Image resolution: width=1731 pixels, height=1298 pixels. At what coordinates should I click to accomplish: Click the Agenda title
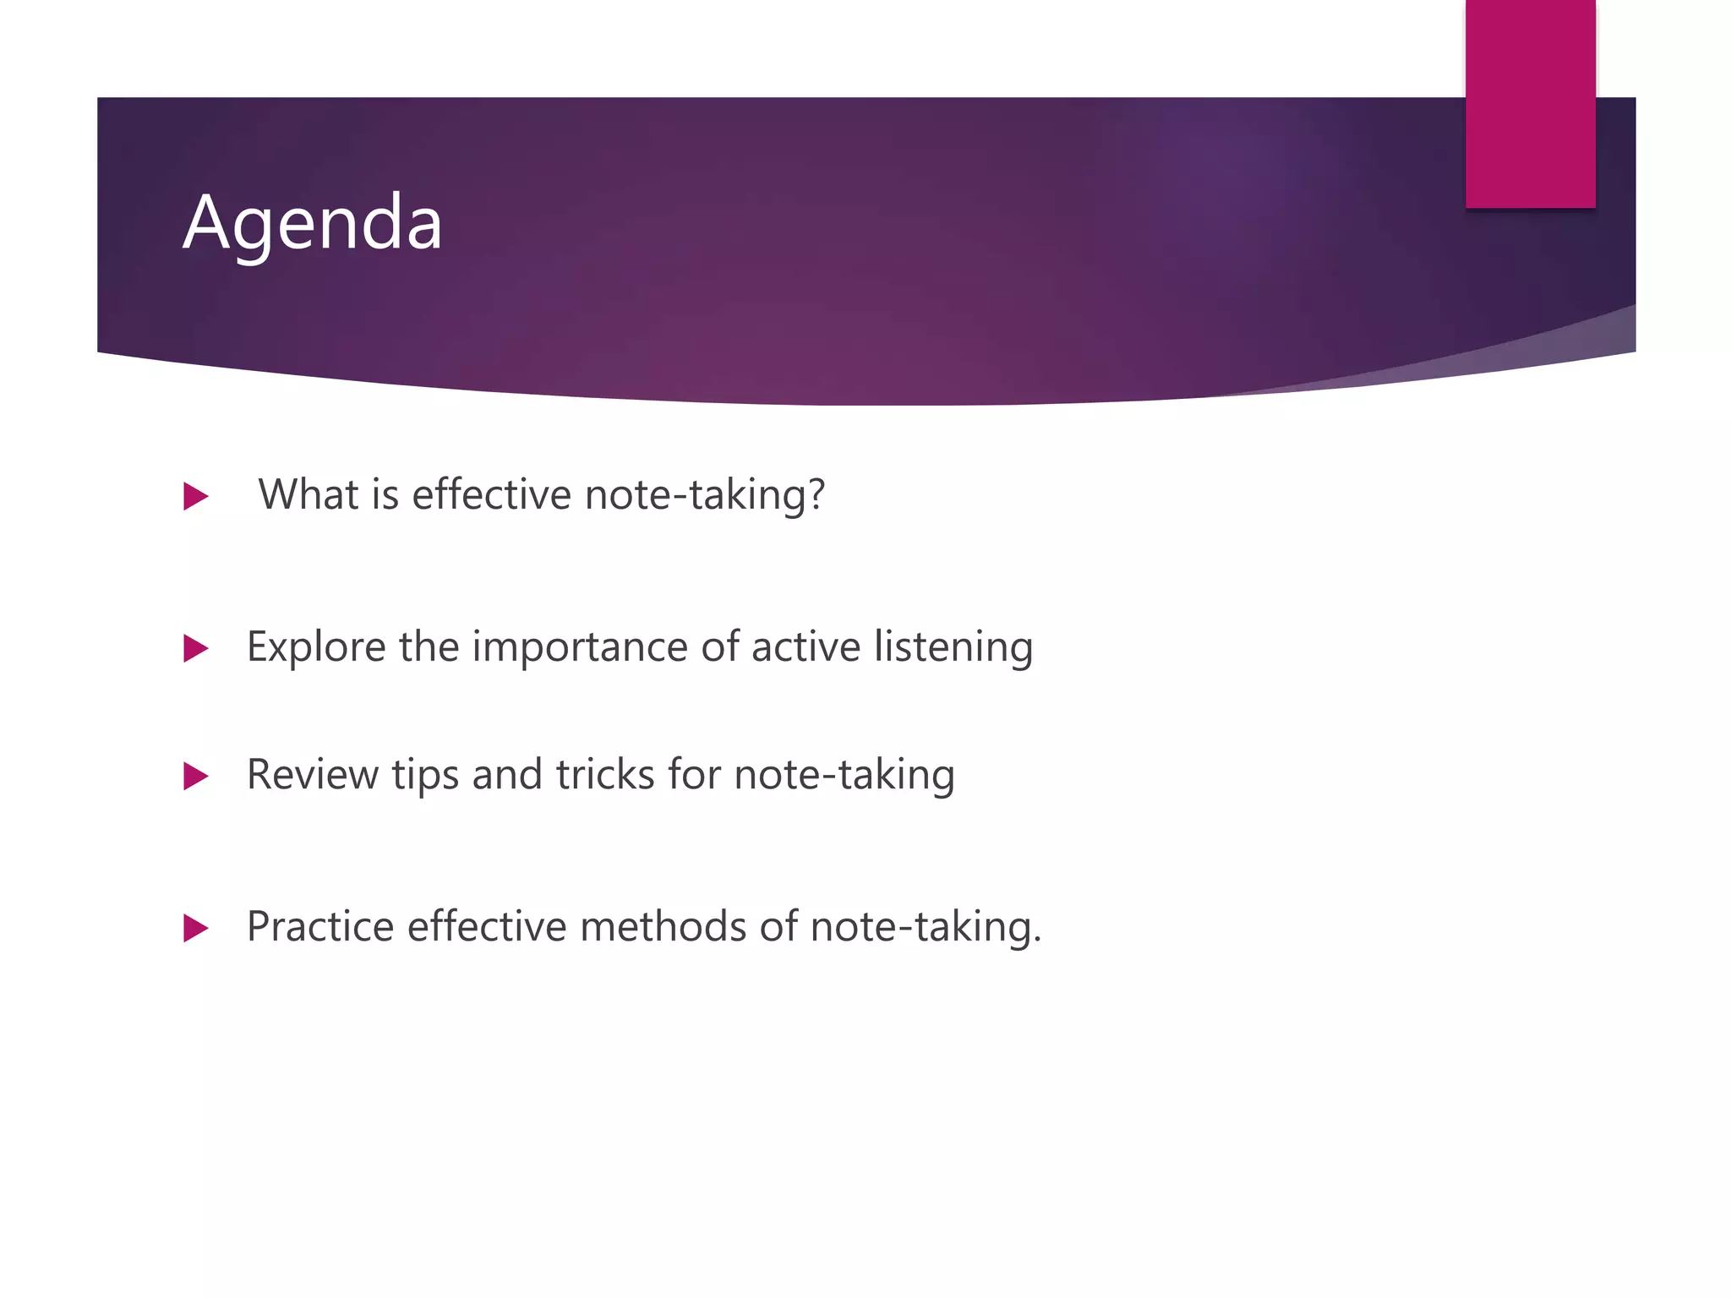coord(313,224)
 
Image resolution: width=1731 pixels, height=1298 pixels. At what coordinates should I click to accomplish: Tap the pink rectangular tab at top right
coord(1530,103)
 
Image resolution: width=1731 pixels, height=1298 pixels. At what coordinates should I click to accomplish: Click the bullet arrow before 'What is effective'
coord(195,496)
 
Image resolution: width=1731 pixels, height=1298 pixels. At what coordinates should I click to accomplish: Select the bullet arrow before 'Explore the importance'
coord(195,648)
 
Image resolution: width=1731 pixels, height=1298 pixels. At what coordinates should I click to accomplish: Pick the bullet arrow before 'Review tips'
coord(195,776)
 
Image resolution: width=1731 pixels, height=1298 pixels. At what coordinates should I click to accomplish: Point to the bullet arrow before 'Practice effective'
coord(195,928)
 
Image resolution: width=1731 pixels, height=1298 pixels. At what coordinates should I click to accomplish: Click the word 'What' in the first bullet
coord(309,494)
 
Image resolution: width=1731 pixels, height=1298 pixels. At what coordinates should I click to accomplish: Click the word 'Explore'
coord(316,647)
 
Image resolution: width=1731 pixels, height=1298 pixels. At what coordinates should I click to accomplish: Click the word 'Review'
coord(312,775)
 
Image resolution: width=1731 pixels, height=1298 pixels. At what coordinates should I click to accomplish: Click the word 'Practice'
coord(320,927)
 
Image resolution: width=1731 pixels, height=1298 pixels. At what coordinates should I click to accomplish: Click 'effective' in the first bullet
coord(491,494)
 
